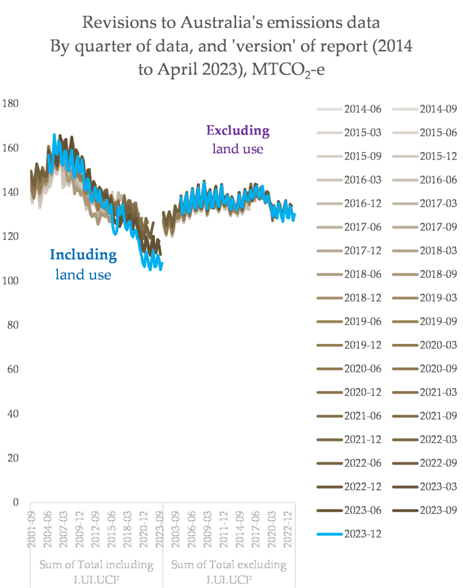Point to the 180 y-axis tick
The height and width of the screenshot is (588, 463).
coord(11,104)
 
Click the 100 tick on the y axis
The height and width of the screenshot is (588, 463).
coord(11,281)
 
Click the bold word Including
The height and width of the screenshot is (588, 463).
coord(83,254)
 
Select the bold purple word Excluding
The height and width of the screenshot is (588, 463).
coord(238,131)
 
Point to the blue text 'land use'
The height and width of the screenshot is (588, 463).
coord(83,274)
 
